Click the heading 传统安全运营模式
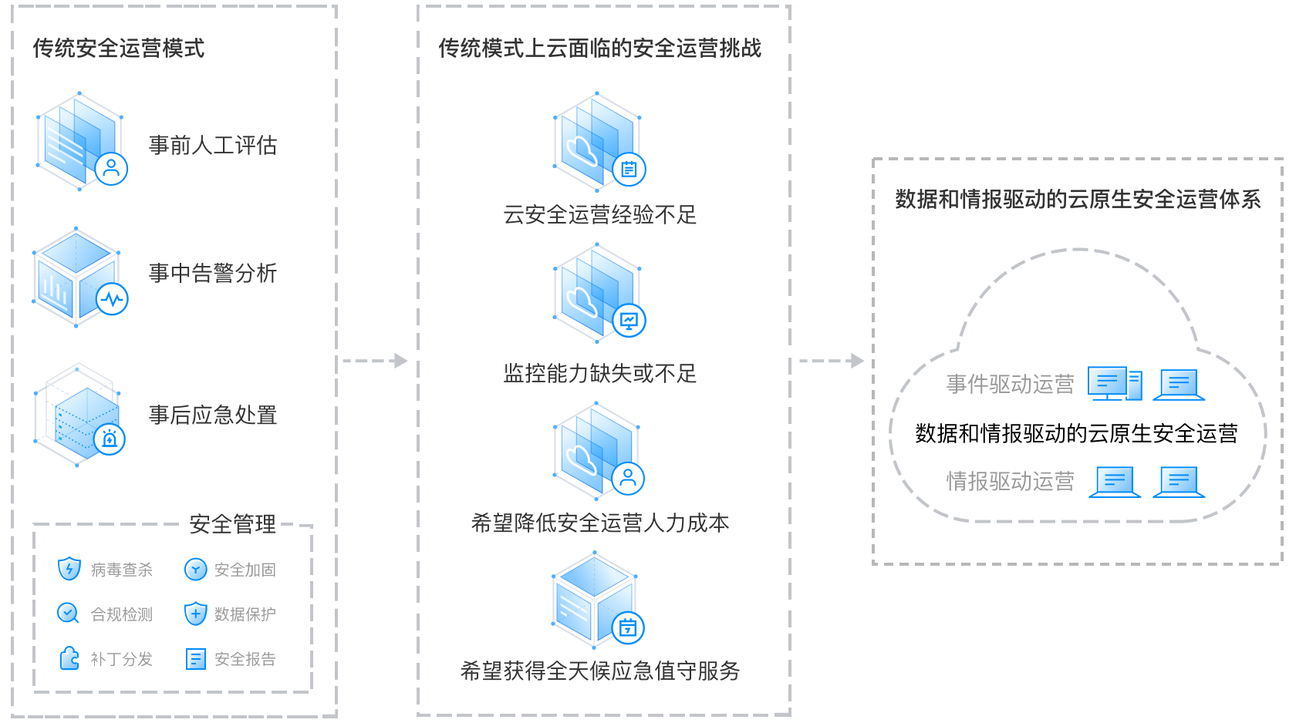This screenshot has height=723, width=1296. pyautogui.click(x=119, y=48)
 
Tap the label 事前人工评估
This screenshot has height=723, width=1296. pyautogui.click(x=213, y=145)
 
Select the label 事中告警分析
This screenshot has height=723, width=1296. pyautogui.click(x=213, y=273)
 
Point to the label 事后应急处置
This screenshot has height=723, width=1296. pyautogui.click(x=213, y=415)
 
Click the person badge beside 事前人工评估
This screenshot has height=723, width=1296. pyautogui.click(x=111, y=169)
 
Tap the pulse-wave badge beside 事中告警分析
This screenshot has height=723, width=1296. pyautogui.click(x=112, y=299)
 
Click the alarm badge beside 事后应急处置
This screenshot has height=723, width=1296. pyautogui.click(x=110, y=439)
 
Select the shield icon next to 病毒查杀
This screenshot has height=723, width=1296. pyautogui.click(x=69, y=569)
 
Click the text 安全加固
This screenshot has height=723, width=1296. pyautogui.click(x=245, y=570)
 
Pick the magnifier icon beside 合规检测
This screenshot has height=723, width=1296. pyautogui.click(x=68, y=614)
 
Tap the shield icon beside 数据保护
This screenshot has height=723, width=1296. pyautogui.click(x=196, y=614)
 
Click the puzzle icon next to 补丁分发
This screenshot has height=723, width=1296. pyautogui.click(x=69, y=658)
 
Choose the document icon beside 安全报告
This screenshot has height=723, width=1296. pyautogui.click(x=196, y=659)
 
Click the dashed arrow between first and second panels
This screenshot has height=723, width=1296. pyautogui.click(x=375, y=361)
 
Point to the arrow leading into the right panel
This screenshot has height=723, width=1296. pyautogui.click(x=832, y=361)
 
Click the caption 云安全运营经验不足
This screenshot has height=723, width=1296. pyautogui.click(x=599, y=215)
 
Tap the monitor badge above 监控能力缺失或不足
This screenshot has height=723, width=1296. pyautogui.click(x=629, y=320)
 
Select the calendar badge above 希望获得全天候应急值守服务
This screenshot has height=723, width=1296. pyautogui.click(x=628, y=627)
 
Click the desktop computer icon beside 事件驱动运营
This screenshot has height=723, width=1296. pyautogui.click(x=1115, y=383)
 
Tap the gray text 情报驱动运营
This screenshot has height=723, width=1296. pyautogui.click(x=1011, y=482)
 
